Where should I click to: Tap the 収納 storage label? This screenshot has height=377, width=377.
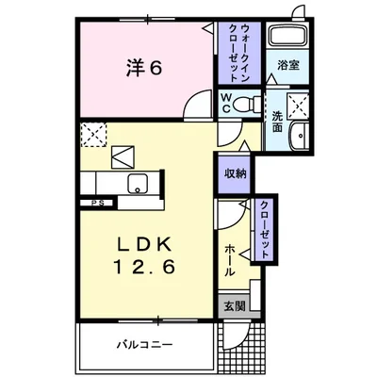point(235,173)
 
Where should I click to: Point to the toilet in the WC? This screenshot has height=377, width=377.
point(247,104)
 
